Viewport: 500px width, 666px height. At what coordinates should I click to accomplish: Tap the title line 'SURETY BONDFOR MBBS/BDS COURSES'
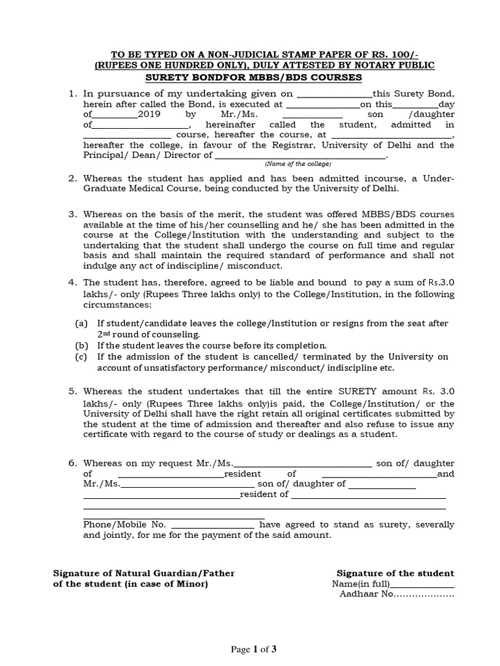pyautogui.click(x=253, y=77)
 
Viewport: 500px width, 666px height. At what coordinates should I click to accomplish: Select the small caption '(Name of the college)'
pyautogui.click(x=298, y=163)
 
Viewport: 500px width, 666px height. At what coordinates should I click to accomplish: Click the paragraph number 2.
pyautogui.click(x=73, y=178)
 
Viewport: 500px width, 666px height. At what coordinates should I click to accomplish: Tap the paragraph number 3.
pyautogui.click(x=73, y=214)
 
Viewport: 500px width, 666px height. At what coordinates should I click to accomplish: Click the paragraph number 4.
pyautogui.click(x=73, y=282)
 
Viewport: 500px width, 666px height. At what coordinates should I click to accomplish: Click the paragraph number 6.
pyautogui.click(x=73, y=463)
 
